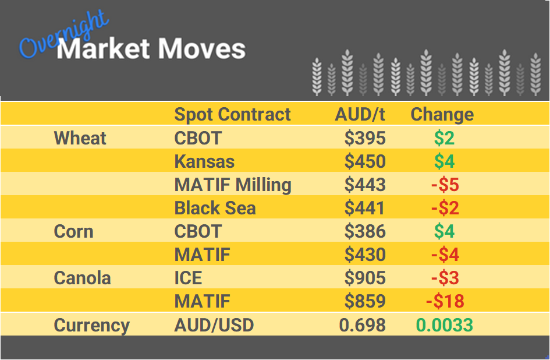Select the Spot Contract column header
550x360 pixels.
[x=232, y=114]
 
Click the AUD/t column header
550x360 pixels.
[x=360, y=114]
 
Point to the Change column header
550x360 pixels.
[x=442, y=114]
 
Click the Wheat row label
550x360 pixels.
[x=80, y=138]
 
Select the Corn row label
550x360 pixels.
[x=73, y=231]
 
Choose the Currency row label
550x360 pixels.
[x=91, y=324]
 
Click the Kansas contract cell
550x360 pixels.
[x=205, y=161]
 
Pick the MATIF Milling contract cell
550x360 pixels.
[x=233, y=185]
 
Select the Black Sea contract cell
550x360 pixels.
[x=215, y=208]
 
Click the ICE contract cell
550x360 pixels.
[x=188, y=278]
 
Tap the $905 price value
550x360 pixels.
[x=365, y=278]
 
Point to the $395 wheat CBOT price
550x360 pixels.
[x=365, y=138]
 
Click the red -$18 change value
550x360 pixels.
[x=445, y=301]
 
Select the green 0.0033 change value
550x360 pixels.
[x=444, y=324]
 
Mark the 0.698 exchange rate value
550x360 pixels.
[x=363, y=324]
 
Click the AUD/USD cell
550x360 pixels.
[x=214, y=324]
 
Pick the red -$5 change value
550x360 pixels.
[x=445, y=185]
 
